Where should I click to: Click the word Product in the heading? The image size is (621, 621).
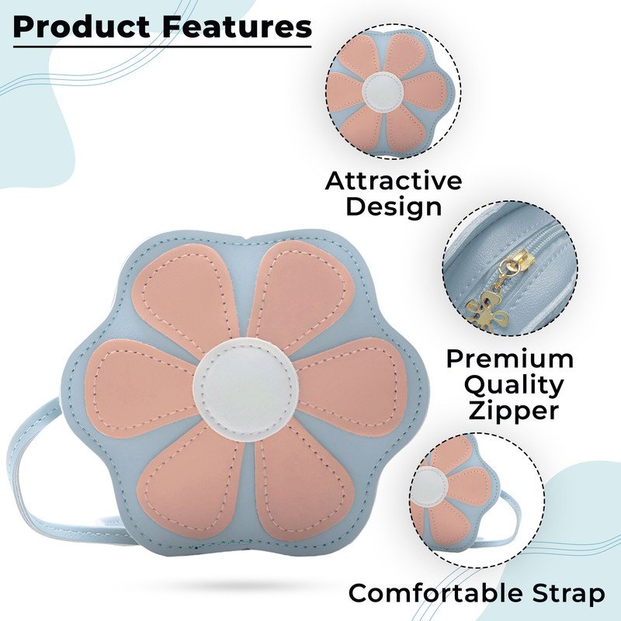(82, 27)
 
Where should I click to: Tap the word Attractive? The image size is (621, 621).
(394, 181)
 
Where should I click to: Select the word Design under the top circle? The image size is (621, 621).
(394, 206)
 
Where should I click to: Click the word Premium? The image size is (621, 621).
(510, 359)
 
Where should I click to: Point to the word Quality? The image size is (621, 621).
(514, 386)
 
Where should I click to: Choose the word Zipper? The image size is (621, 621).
(514, 411)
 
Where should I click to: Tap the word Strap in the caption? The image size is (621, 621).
(568, 595)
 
